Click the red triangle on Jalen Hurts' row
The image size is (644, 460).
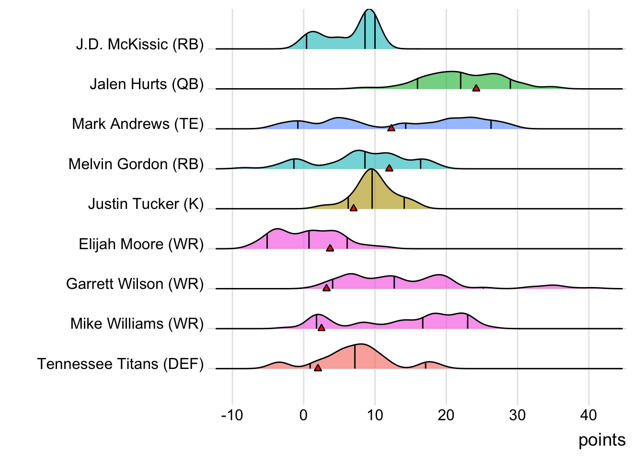pyautogui.click(x=476, y=88)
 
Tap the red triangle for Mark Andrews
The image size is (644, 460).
pyautogui.click(x=391, y=128)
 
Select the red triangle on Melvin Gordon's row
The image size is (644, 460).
pyautogui.click(x=389, y=168)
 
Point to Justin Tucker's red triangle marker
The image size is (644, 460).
pyautogui.click(x=353, y=208)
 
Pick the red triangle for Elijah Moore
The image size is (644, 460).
pyautogui.click(x=330, y=248)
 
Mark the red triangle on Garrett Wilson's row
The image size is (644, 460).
pyautogui.click(x=326, y=288)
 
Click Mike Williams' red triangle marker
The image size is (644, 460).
pyautogui.click(x=321, y=328)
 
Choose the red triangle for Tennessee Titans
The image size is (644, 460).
pyautogui.click(x=318, y=368)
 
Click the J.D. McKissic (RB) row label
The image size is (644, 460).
pyautogui.click(x=139, y=45)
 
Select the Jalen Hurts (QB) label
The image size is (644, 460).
pyautogui.click(x=147, y=84)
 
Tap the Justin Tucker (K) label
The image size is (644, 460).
pyautogui.click(x=146, y=204)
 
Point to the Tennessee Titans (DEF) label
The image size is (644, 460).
pyautogui.click(x=120, y=364)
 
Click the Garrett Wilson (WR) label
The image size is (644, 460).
pyautogui.click(x=135, y=284)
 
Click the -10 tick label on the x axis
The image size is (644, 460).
pyautogui.click(x=232, y=415)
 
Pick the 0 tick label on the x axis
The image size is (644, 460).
pyautogui.click(x=303, y=415)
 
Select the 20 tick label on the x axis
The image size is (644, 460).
pyautogui.click(x=446, y=415)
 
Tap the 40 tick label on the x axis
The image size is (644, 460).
pyautogui.click(x=588, y=415)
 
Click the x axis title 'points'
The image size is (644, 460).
pyautogui.click(x=602, y=440)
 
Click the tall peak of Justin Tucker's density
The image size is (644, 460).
pyautogui.click(x=371, y=171)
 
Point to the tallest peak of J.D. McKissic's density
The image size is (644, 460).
pyautogui.click(x=369, y=11)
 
